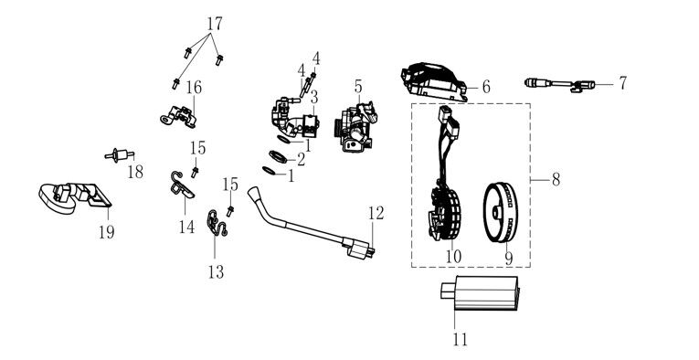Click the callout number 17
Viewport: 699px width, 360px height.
(x=215, y=23)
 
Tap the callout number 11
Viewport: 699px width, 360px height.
(x=460, y=340)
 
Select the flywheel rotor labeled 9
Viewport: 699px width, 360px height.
(x=501, y=212)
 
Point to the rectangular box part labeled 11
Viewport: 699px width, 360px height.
(x=480, y=292)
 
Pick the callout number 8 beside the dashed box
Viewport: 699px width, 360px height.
(x=556, y=180)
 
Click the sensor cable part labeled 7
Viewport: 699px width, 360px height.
(x=559, y=84)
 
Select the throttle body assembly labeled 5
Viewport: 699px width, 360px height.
(x=355, y=126)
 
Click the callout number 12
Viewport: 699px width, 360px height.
(x=376, y=214)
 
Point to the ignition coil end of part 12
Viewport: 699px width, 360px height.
(x=359, y=249)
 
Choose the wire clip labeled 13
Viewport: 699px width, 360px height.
(x=217, y=223)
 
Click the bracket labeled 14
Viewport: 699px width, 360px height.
(x=182, y=185)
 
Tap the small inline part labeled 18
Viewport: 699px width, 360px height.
(x=119, y=155)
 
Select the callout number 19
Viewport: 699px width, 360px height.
(x=107, y=232)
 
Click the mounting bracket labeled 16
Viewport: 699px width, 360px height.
(x=179, y=117)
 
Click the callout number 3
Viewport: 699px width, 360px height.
(x=313, y=97)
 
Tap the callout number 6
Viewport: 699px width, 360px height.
(x=485, y=87)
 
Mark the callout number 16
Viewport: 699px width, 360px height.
(x=194, y=88)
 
